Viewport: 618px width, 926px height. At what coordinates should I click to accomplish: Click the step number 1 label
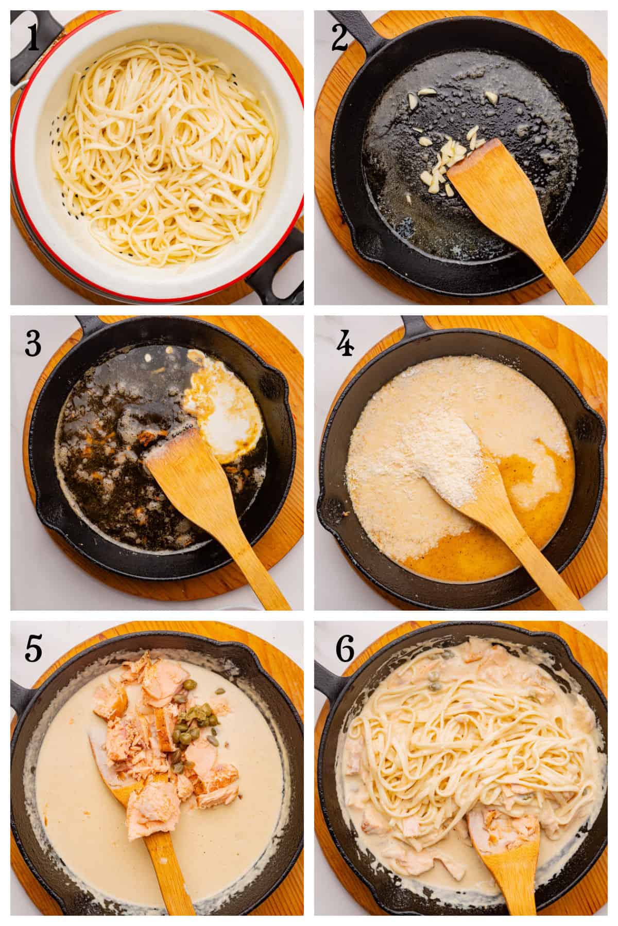[x=33, y=39]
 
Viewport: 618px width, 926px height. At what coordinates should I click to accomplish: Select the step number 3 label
[x=33, y=344]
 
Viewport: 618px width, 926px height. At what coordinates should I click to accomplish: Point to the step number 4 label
[x=344, y=344]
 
